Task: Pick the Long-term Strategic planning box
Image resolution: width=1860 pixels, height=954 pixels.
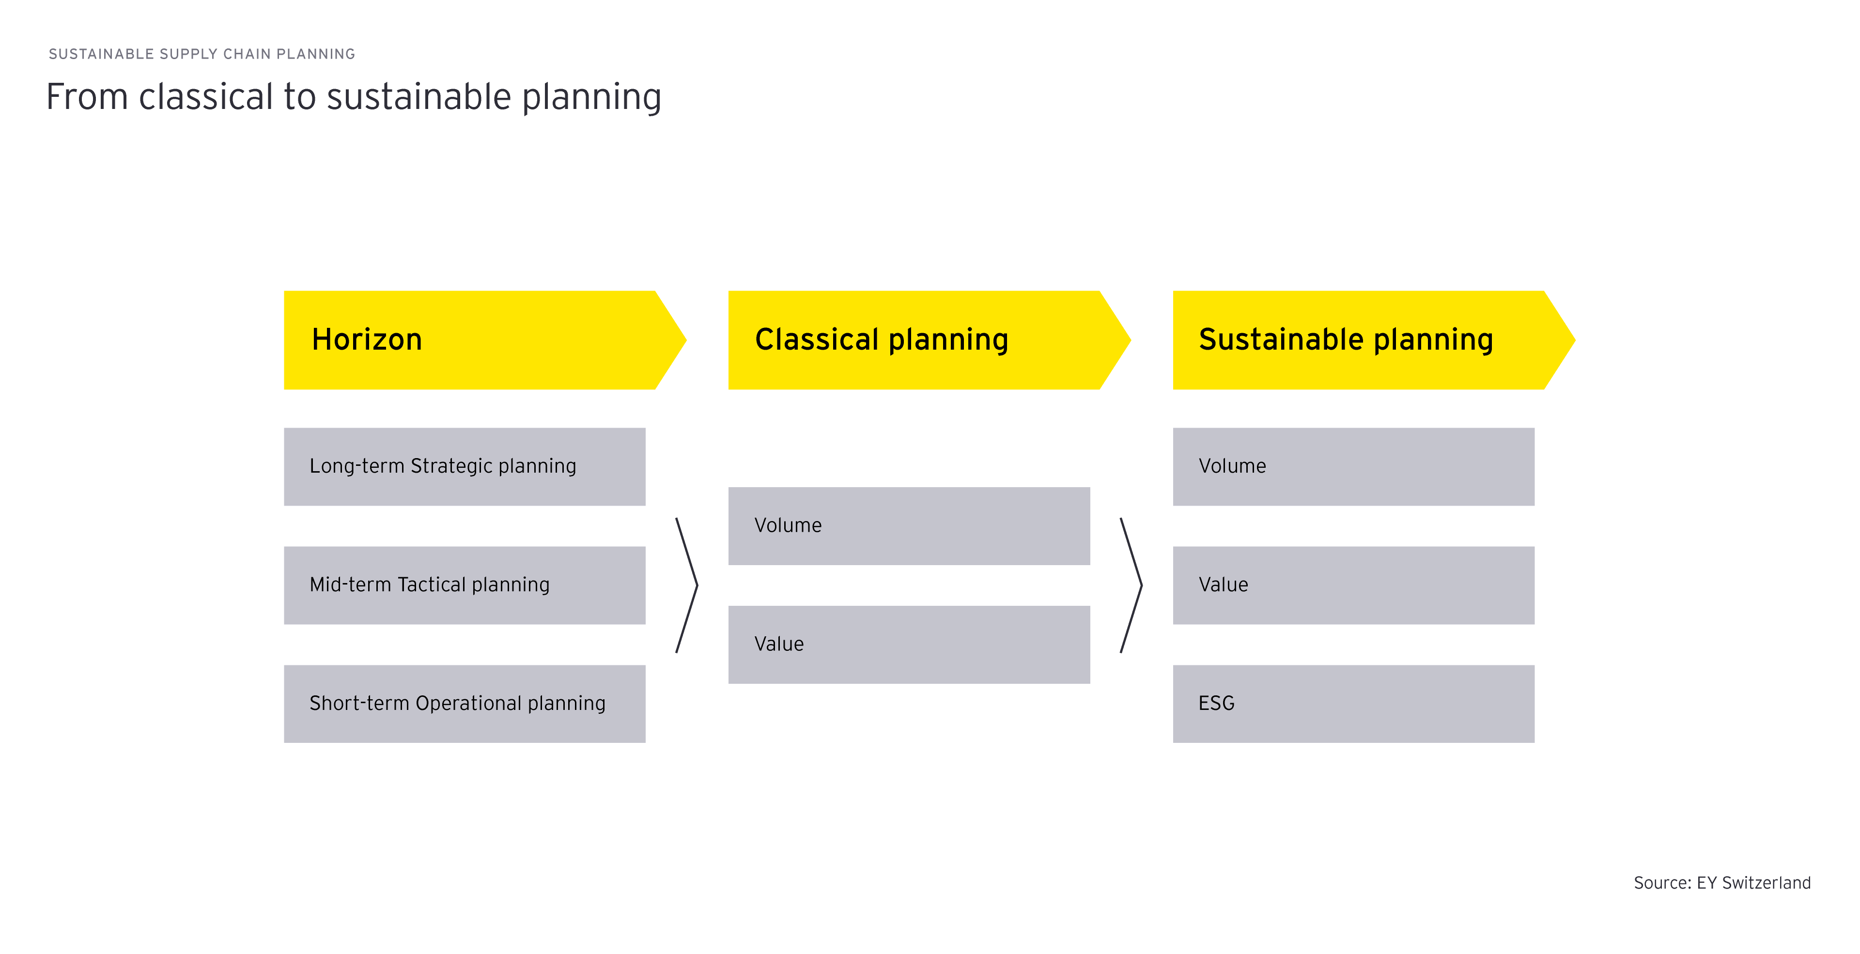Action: tap(465, 467)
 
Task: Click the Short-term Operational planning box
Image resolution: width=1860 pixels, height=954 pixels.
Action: tap(465, 704)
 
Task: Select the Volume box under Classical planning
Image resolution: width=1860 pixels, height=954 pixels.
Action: tap(908, 526)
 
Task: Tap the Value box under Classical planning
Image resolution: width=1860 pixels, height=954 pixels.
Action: tap(908, 645)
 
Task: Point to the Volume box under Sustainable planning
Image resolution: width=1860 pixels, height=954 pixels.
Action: tap(1353, 467)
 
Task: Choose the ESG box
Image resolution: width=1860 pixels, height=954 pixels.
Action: tap(1353, 704)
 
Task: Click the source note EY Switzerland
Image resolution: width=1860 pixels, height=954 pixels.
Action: tap(1721, 882)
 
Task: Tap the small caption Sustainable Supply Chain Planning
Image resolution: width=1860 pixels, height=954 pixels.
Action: tap(201, 54)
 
